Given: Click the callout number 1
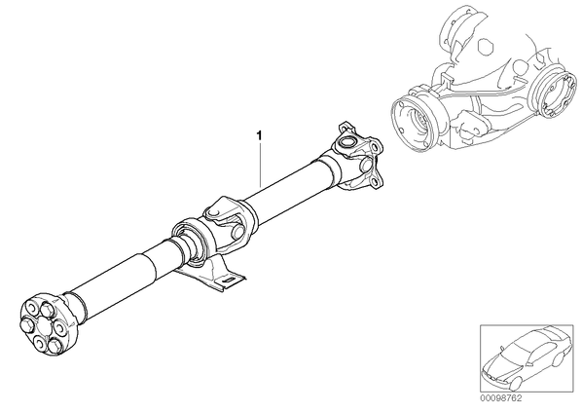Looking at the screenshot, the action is (260, 136).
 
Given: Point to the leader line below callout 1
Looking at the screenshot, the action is (260, 165).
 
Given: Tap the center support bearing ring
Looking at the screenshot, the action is (190, 242).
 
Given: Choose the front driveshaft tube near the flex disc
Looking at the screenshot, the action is (111, 283).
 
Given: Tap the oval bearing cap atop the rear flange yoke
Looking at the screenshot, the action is (347, 141).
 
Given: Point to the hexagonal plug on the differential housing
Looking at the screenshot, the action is (485, 46).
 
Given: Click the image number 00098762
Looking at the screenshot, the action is (501, 398).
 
